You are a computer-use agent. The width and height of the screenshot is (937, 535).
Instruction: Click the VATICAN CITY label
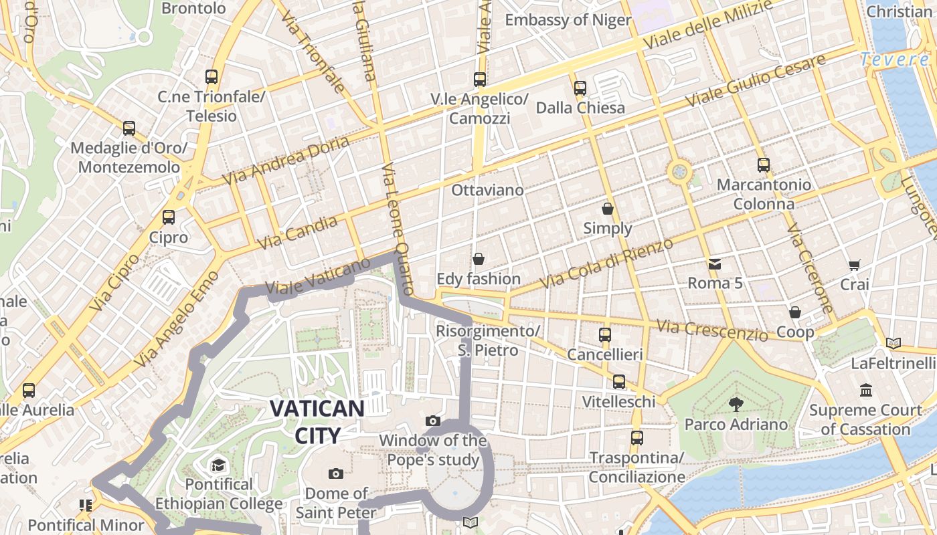point(317,422)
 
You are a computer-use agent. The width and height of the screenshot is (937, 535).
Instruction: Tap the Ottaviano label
point(487,190)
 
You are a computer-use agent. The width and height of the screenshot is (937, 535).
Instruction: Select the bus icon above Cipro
point(169,217)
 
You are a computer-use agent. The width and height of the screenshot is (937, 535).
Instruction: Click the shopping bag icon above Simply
point(608,209)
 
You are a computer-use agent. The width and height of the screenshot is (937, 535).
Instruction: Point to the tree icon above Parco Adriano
point(736,404)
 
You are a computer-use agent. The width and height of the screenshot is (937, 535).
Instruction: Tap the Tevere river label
point(895,60)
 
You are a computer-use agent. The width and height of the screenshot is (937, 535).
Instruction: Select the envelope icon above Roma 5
point(715,263)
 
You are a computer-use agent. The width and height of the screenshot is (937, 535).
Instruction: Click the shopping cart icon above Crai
point(854,265)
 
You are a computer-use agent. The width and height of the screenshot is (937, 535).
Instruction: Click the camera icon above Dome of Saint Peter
point(336,474)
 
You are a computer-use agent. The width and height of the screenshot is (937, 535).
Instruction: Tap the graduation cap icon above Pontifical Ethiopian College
point(218,465)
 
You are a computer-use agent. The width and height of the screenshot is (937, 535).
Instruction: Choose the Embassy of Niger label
point(568,20)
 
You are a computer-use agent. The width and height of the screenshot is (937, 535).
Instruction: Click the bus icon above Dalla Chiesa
point(580,88)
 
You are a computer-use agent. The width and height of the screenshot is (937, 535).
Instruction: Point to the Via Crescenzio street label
point(712,330)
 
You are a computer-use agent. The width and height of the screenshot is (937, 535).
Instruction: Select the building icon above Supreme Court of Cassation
point(866,390)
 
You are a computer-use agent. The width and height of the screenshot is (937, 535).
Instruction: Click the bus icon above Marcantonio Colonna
point(764,165)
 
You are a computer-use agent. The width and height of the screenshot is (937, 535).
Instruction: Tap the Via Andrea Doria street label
point(286,161)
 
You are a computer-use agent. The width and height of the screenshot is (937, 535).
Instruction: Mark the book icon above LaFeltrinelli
point(893,343)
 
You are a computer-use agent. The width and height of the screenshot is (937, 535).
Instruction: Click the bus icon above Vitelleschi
point(619,382)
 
